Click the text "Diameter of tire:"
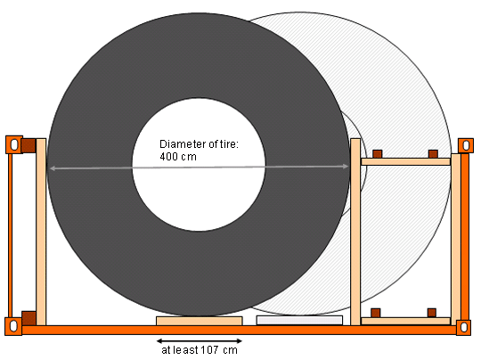tap(199, 144)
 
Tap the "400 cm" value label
tap(178, 157)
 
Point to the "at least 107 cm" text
tap(200, 350)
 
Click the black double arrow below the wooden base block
tap(200, 340)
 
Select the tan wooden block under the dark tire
tap(200, 321)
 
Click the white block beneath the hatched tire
tap(299, 320)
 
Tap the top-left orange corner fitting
tap(14, 144)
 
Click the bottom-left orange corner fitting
tap(13, 326)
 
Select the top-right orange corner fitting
tap(466, 145)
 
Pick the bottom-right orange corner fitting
tap(463, 327)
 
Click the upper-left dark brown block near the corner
tap(29, 146)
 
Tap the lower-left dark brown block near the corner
tap(29, 319)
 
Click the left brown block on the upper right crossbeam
tap(378, 154)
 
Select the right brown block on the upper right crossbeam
tap(433, 154)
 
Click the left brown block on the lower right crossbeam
tap(376, 313)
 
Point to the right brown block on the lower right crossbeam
tap(432, 313)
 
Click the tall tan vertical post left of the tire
tap(41, 232)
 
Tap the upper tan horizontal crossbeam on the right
tap(406, 162)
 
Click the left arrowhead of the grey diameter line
tap(53, 168)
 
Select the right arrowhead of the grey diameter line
tap(346, 167)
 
